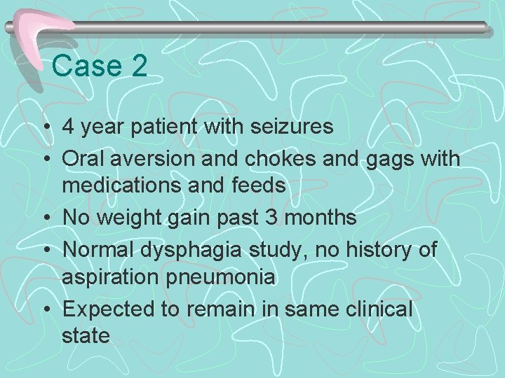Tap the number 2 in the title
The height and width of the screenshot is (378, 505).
[138, 66]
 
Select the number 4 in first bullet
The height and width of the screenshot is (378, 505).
[68, 127]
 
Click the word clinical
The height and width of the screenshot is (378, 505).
[379, 309]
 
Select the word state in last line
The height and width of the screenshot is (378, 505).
[86, 335]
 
